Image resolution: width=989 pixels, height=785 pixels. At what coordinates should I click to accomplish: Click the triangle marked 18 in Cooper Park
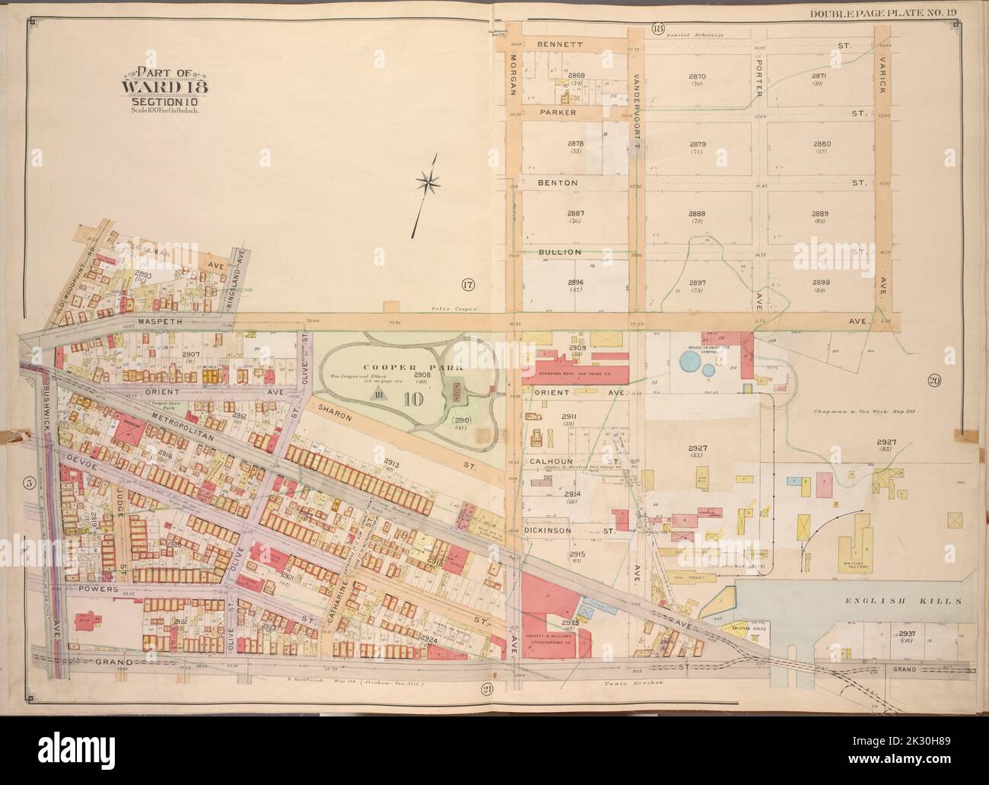pyautogui.click(x=379, y=394)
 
